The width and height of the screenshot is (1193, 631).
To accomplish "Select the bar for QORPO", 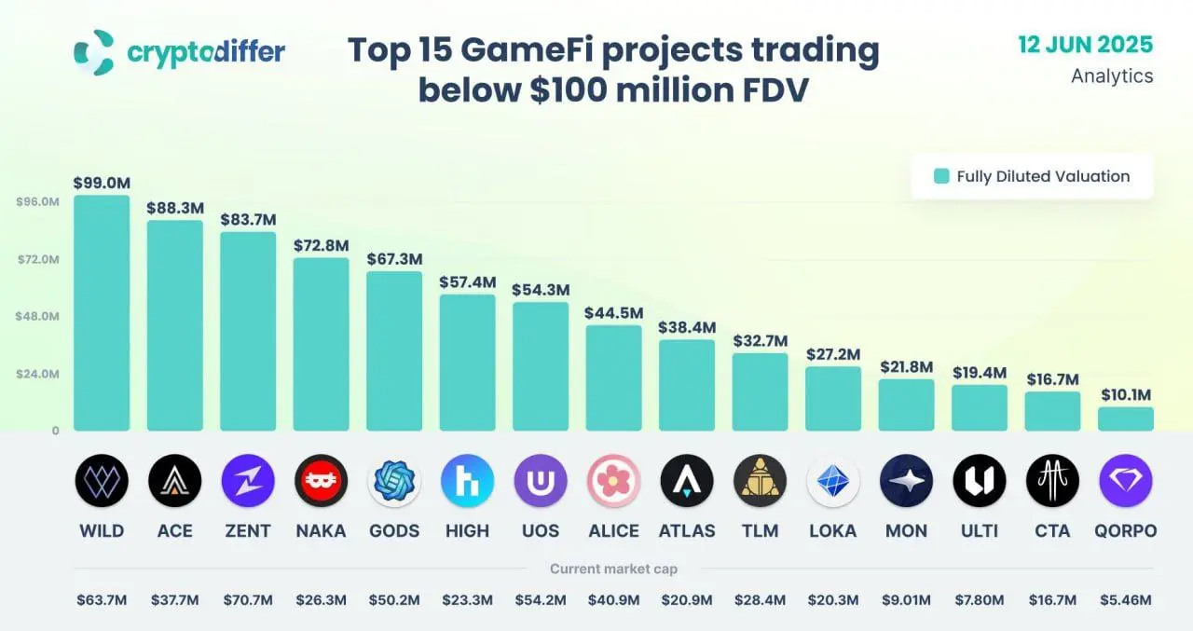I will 1125,418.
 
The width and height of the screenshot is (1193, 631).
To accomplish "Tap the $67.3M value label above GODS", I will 394,258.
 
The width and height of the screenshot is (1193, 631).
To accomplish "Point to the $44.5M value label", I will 613,312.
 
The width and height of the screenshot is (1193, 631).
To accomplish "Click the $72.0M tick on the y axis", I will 38,259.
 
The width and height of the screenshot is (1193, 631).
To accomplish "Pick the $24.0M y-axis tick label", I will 38,374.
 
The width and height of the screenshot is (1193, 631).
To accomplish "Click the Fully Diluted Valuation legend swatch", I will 941,176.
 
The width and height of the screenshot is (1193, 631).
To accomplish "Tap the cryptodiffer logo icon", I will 93,52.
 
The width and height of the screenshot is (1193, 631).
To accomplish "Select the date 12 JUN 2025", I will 1085,45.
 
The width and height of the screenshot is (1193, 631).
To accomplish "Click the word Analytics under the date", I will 1112,76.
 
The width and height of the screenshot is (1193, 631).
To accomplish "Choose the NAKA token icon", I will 321,481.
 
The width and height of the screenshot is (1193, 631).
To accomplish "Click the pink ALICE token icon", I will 613,481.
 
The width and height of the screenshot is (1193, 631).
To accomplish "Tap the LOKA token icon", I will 832,481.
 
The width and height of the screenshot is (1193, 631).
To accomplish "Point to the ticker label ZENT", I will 247,531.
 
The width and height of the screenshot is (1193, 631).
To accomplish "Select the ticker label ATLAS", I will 687,531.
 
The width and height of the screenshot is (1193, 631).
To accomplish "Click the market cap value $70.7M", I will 247,599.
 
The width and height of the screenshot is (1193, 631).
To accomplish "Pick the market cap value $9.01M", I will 906,599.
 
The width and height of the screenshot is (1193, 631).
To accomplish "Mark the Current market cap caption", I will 613,569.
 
